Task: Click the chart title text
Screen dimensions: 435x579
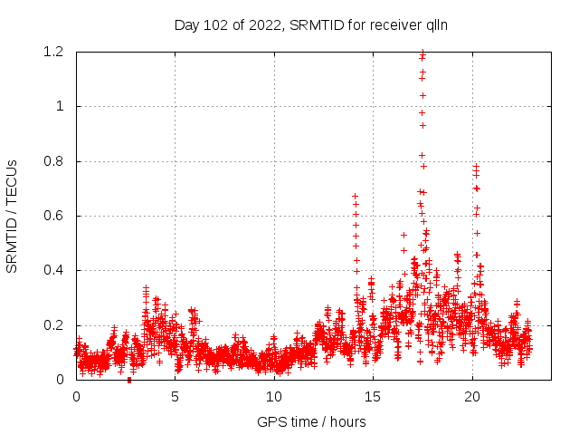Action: [x=311, y=25]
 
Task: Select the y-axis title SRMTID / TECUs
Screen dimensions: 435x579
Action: [x=13, y=216]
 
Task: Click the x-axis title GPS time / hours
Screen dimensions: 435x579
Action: [x=311, y=421]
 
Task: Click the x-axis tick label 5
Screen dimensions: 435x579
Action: [x=176, y=396]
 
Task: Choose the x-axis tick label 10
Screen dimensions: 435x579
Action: [x=275, y=396]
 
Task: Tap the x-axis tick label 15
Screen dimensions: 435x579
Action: [x=374, y=396]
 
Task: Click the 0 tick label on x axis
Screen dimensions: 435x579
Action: [x=76, y=396]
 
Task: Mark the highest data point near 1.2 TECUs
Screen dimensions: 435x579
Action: [x=422, y=53]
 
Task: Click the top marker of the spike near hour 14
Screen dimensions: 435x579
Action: [x=355, y=196]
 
